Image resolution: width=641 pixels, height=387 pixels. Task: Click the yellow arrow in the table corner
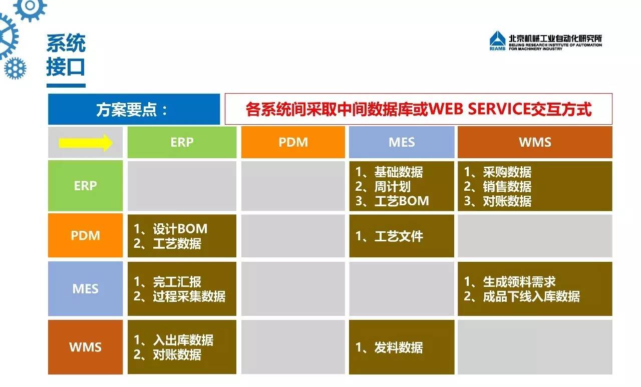pyautogui.click(x=86, y=143)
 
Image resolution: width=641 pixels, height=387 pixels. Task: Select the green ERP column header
pyautogui.click(x=182, y=142)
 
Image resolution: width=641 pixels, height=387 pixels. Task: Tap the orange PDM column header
pyautogui.click(x=293, y=142)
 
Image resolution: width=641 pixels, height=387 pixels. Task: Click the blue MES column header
pyautogui.click(x=402, y=142)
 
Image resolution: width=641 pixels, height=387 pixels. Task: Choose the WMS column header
pyautogui.click(x=535, y=142)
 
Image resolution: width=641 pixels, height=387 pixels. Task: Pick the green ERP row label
pyautogui.click(x=85, y=186)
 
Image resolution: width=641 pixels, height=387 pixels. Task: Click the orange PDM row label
pyautogui.click(x=85, y=235)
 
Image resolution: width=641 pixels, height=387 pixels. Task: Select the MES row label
pyautogui.click(x=85, y=288)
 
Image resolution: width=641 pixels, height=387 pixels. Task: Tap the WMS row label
pyautogui.click(x=85, y=347)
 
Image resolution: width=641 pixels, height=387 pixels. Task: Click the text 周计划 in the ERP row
pyautogui.click(x=392, y=187)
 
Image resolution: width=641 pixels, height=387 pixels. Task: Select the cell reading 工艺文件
pyautogui.click(x=402, y=236)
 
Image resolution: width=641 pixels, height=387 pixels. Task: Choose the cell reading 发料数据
pyautogui.click(x=402, y=347)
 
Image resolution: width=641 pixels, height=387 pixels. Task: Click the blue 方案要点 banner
pyautogui.click(x=134, y=109)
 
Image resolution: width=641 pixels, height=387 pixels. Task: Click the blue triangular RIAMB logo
pyautogui.click(x=498, y=41)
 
